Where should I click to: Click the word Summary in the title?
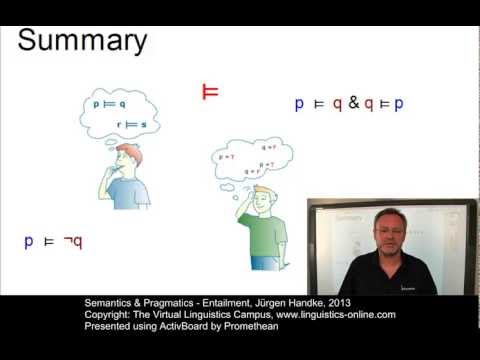point(83,41)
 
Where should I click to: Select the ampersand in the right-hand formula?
point(354,103)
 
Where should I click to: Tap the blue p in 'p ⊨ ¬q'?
point(29,241)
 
